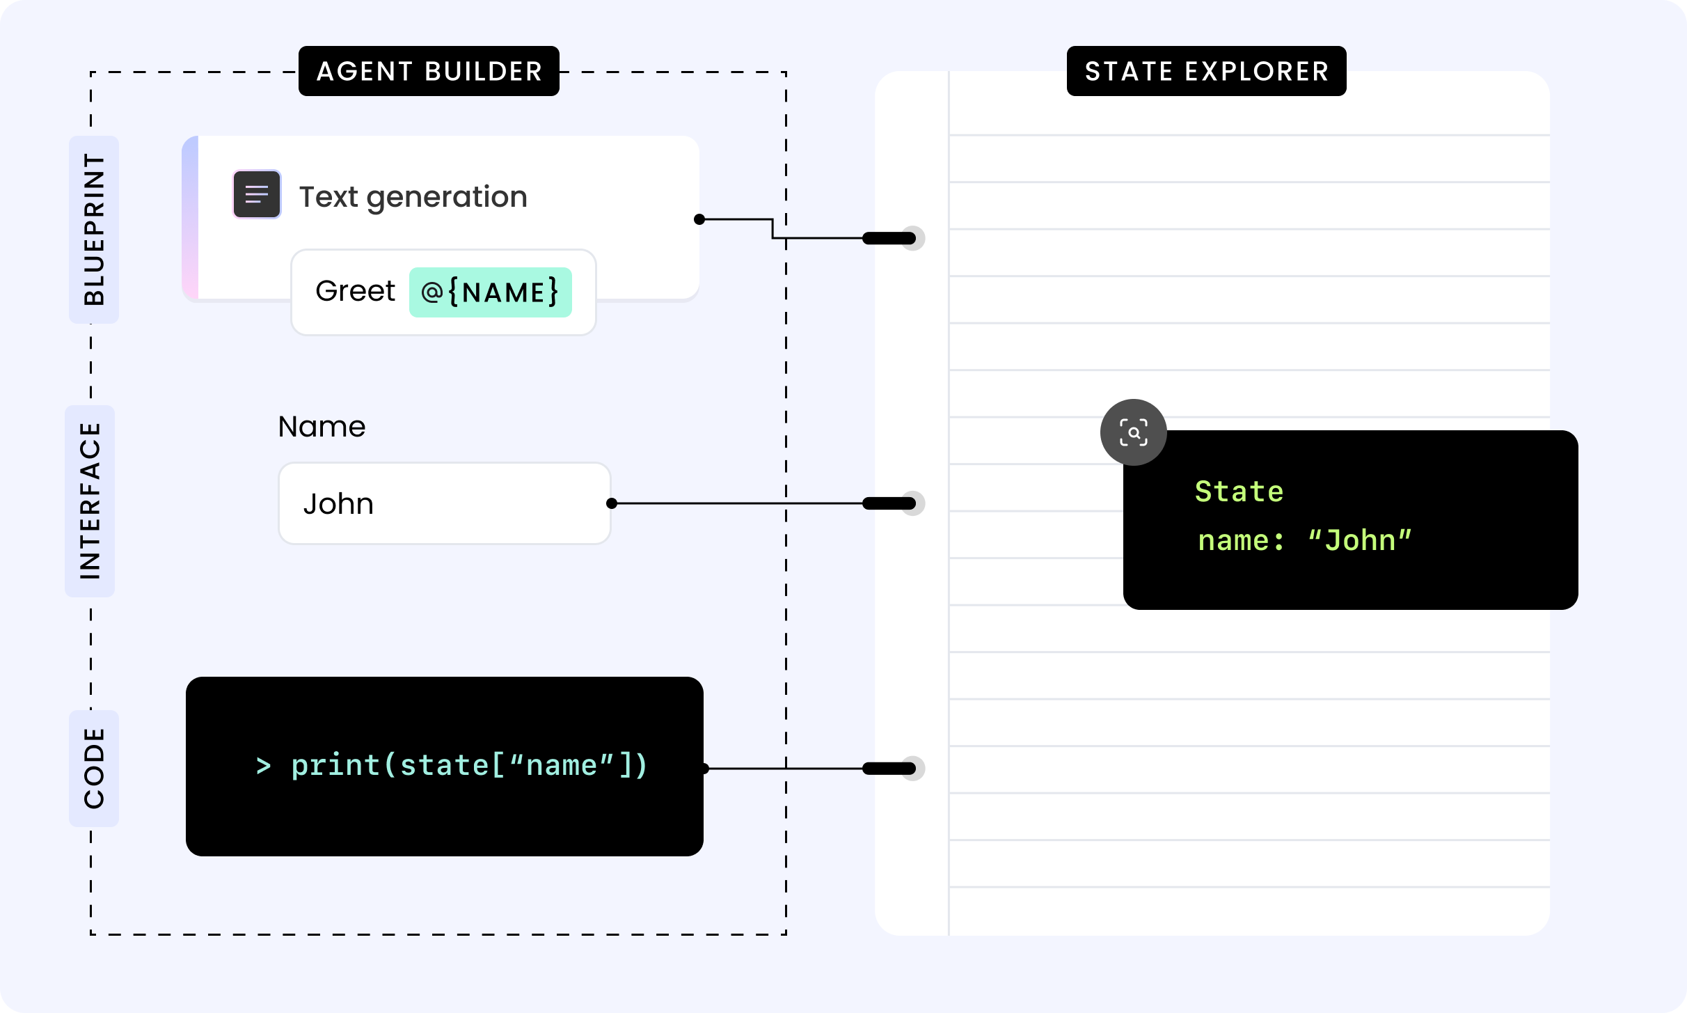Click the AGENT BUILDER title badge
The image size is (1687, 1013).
pos(429,71)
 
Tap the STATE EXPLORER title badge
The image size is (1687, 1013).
pos(1206,71)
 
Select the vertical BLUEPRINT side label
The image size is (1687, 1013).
pos(94,230)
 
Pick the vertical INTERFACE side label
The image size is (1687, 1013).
pos(90,501)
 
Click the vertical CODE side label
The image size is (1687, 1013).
pos(94,768)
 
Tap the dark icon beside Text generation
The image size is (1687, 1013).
pos(257,194)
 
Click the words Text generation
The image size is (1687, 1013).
pos(413,197)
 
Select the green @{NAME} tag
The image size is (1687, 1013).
pos(490,292)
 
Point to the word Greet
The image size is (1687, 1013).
pos(355,291)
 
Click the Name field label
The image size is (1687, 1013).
pos(322,427)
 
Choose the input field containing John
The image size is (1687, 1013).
pos(444,503)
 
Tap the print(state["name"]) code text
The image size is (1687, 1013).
pos(469,765)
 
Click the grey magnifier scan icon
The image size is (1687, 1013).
pos(1133,432)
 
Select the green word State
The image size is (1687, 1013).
pos(1239,492)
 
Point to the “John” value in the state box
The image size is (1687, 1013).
pos(1360,540)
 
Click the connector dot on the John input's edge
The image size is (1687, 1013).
pos(612,503)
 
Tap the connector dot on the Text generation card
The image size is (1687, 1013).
pos(699,219)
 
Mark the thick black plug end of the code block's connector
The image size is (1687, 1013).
pos(889,769)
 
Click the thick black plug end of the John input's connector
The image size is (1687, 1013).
pos(889,503)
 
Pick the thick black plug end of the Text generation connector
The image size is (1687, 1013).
pos(889,238)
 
